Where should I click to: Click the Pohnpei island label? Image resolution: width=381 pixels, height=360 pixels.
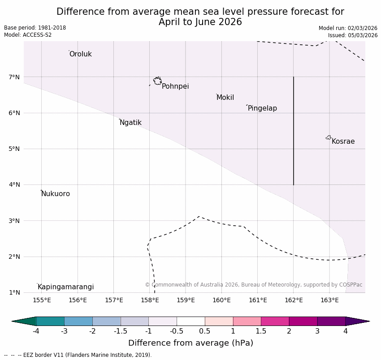(175, 86)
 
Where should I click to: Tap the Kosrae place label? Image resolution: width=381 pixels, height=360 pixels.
(343, 141)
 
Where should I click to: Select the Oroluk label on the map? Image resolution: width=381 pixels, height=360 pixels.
(80, 54)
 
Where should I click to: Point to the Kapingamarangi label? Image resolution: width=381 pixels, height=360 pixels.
(65, 287)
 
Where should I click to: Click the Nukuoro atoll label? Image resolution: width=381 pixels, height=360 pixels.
(56, 194)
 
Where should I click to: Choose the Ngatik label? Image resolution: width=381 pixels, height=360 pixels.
(130, 123)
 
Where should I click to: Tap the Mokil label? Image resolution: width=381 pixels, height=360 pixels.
(225, 98)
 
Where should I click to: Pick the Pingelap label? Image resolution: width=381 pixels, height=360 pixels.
(262, 108)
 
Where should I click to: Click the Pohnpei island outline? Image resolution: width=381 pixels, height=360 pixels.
(157, 81)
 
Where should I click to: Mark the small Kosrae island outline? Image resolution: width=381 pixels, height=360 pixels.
(329, 137)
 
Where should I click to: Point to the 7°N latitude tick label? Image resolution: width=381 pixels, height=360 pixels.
(14, 77)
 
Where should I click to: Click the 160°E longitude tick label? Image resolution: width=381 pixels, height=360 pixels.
(222, 300)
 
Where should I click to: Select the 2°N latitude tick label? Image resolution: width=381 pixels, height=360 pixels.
(14, 257)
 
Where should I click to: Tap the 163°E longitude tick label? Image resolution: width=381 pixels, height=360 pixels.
(329, 300)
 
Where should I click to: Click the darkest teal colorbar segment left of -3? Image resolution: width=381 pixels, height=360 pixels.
(50, 321)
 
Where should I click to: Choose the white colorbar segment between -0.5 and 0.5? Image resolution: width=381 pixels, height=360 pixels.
(190, 321)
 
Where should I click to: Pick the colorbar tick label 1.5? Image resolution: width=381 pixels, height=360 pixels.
(261, 331)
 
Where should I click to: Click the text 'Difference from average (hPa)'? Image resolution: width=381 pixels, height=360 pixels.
(190, 343)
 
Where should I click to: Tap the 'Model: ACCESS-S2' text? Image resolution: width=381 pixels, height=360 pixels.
(28, 35)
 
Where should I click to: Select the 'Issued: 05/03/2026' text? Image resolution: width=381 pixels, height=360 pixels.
(352, 35)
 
